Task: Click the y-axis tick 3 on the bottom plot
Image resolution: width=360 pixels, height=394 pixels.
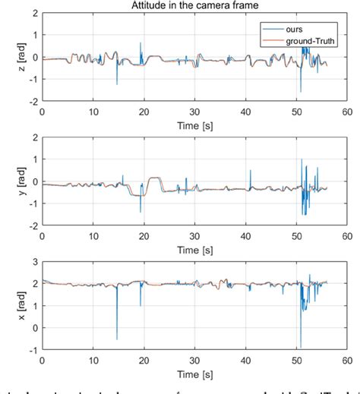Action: click(34, 262)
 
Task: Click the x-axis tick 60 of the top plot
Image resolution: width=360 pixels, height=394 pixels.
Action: click(346, 111)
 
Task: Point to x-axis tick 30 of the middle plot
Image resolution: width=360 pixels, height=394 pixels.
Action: click(194, 235)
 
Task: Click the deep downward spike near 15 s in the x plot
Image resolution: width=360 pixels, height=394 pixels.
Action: click(117, 339)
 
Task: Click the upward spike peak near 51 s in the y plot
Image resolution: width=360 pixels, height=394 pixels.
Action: click(302, 159)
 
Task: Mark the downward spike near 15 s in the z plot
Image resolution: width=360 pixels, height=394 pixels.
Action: click(117, 84)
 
